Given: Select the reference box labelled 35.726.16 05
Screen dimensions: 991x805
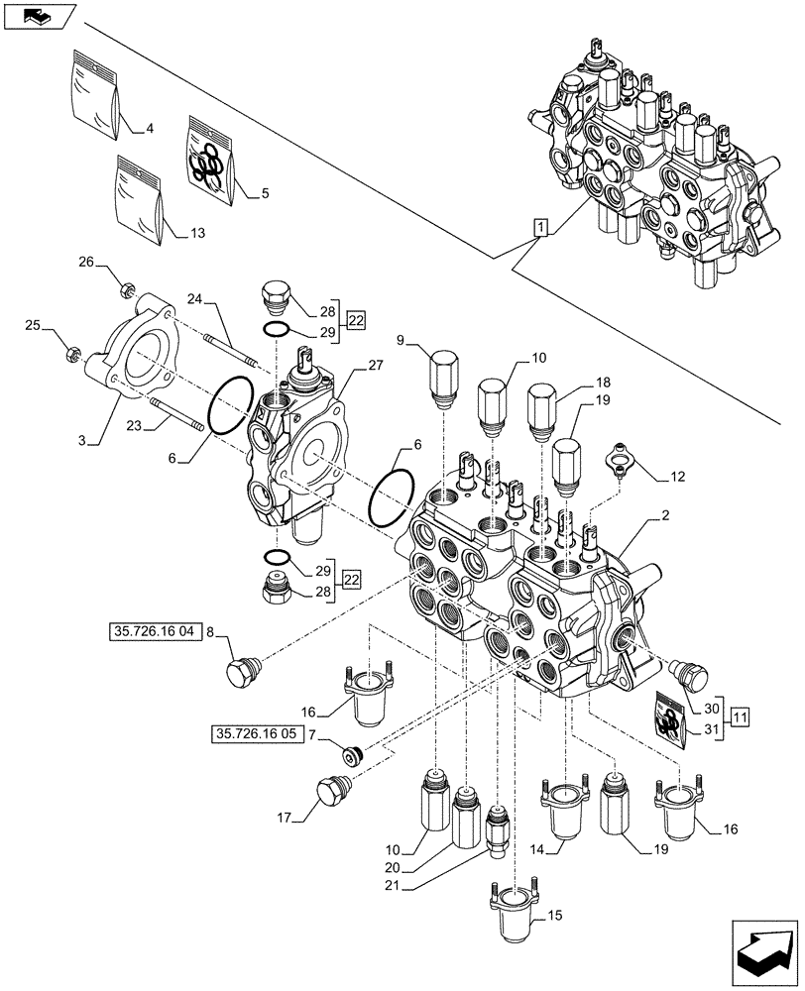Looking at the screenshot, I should pyautogui.click(x=256, y=734).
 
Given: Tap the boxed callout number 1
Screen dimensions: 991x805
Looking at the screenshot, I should pyautogui.click(x=538, y=229).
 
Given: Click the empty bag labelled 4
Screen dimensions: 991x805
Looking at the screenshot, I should pyautogui.click(x=96, y=91).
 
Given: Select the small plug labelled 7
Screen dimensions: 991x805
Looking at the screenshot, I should pyautogui.click(x=351, y=754).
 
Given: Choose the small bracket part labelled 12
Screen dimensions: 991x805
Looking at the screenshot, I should pyautogui.click(x=621, y=460).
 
